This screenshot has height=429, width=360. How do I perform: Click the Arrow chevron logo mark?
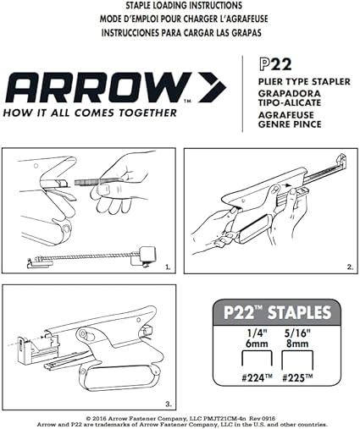pyautogui.click(x=213, y=87)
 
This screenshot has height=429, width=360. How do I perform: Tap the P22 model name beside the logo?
pyautogui.click(x=275, y=64)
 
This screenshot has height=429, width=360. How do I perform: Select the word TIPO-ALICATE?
pyautogui.click(x=290, y=102)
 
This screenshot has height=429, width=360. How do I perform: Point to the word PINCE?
pyautogui.click(x=305, y=124)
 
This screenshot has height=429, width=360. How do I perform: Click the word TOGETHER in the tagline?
pyautogui.click(x=147, y=113)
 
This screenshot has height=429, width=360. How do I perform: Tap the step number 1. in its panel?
pyautogui.click(x=168, y=267)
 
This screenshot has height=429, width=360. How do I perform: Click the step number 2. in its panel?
pyautogui.click(x=350, y=267)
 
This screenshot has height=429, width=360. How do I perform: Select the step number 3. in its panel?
pyautogui.click(x=169, y=404)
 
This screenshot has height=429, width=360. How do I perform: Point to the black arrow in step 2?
pyautogui.click(x=287, y=185)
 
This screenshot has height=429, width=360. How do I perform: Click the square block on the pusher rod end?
pyautogui.click(x=147, y=253)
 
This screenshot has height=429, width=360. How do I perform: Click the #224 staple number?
pyautogui.click(x=257, y=378)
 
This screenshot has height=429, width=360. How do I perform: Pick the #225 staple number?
pyautogui.click(x=297, y=378)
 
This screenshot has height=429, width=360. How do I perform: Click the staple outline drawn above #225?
pyautogui.click(x=297, y=352)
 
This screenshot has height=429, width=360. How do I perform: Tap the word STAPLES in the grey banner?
pyautogui.click(x=299, y=312)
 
